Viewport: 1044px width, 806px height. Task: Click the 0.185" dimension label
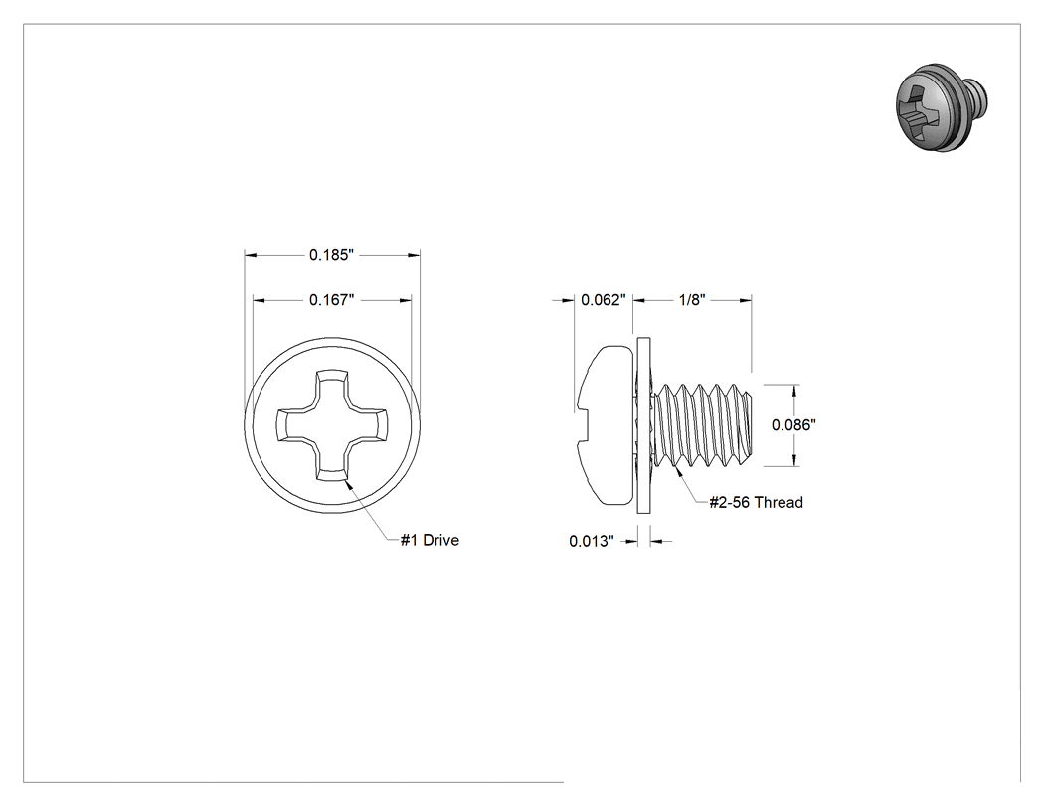(x=331, y=255)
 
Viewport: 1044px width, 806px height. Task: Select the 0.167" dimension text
(x=331, y=300)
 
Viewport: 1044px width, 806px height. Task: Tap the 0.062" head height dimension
(x=604, y=300)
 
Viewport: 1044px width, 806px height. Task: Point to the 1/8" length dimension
(x=692, y=300)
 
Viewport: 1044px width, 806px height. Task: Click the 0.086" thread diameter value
(x=793, y=425)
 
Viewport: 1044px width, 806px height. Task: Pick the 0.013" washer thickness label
(x=592, y=541)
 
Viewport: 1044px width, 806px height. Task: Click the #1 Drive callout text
(x=430, y=540)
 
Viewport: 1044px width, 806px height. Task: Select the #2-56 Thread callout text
(x=756, y=503)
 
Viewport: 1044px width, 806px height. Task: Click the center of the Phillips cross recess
(x=331, y=425)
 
